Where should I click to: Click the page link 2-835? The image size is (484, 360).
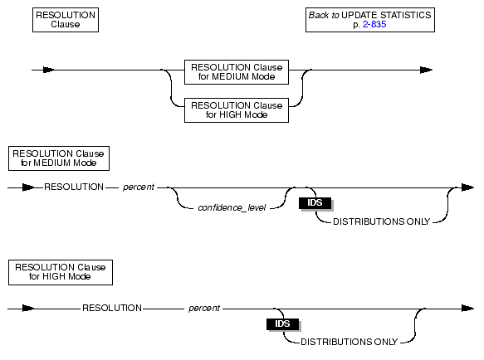(x=374, y=24)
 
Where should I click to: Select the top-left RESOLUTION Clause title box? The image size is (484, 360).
(x=66, y=20)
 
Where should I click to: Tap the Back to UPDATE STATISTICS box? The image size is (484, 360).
(x=370, y=20)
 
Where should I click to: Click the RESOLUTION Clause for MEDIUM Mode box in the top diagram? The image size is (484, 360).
(x=237, y=72)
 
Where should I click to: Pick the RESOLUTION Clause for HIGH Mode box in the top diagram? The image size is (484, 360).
(x=237, y=110)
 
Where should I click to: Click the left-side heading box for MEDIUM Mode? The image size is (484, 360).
(x=59, y=158)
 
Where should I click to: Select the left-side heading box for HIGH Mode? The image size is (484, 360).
(x=61, y=272)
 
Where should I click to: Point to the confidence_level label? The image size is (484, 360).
(x=232, y=208)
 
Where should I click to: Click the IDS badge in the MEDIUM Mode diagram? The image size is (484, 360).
(x=315, y=203)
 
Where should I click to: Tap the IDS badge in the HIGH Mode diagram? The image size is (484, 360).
(x=283, y=324)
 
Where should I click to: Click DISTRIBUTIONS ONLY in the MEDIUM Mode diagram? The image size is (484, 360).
(x=382, y=221)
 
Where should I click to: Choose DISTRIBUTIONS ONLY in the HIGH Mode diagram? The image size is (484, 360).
(x=350, y=342)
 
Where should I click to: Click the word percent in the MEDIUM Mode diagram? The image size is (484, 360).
(x=139, y=187)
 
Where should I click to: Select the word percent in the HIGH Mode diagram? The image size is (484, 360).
(x=204, y=309)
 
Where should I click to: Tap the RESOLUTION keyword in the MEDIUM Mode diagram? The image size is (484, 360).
(x=74, y=187)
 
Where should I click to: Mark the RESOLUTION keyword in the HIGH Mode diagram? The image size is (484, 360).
(x=112, y=308)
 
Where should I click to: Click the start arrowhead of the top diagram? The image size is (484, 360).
(x=48, y=70)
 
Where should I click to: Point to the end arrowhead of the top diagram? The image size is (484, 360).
(x=426, y=70)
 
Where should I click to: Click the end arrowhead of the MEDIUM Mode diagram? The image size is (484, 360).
(x=467, y=187)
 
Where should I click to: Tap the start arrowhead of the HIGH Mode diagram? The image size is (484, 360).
(x=28, y=309)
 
